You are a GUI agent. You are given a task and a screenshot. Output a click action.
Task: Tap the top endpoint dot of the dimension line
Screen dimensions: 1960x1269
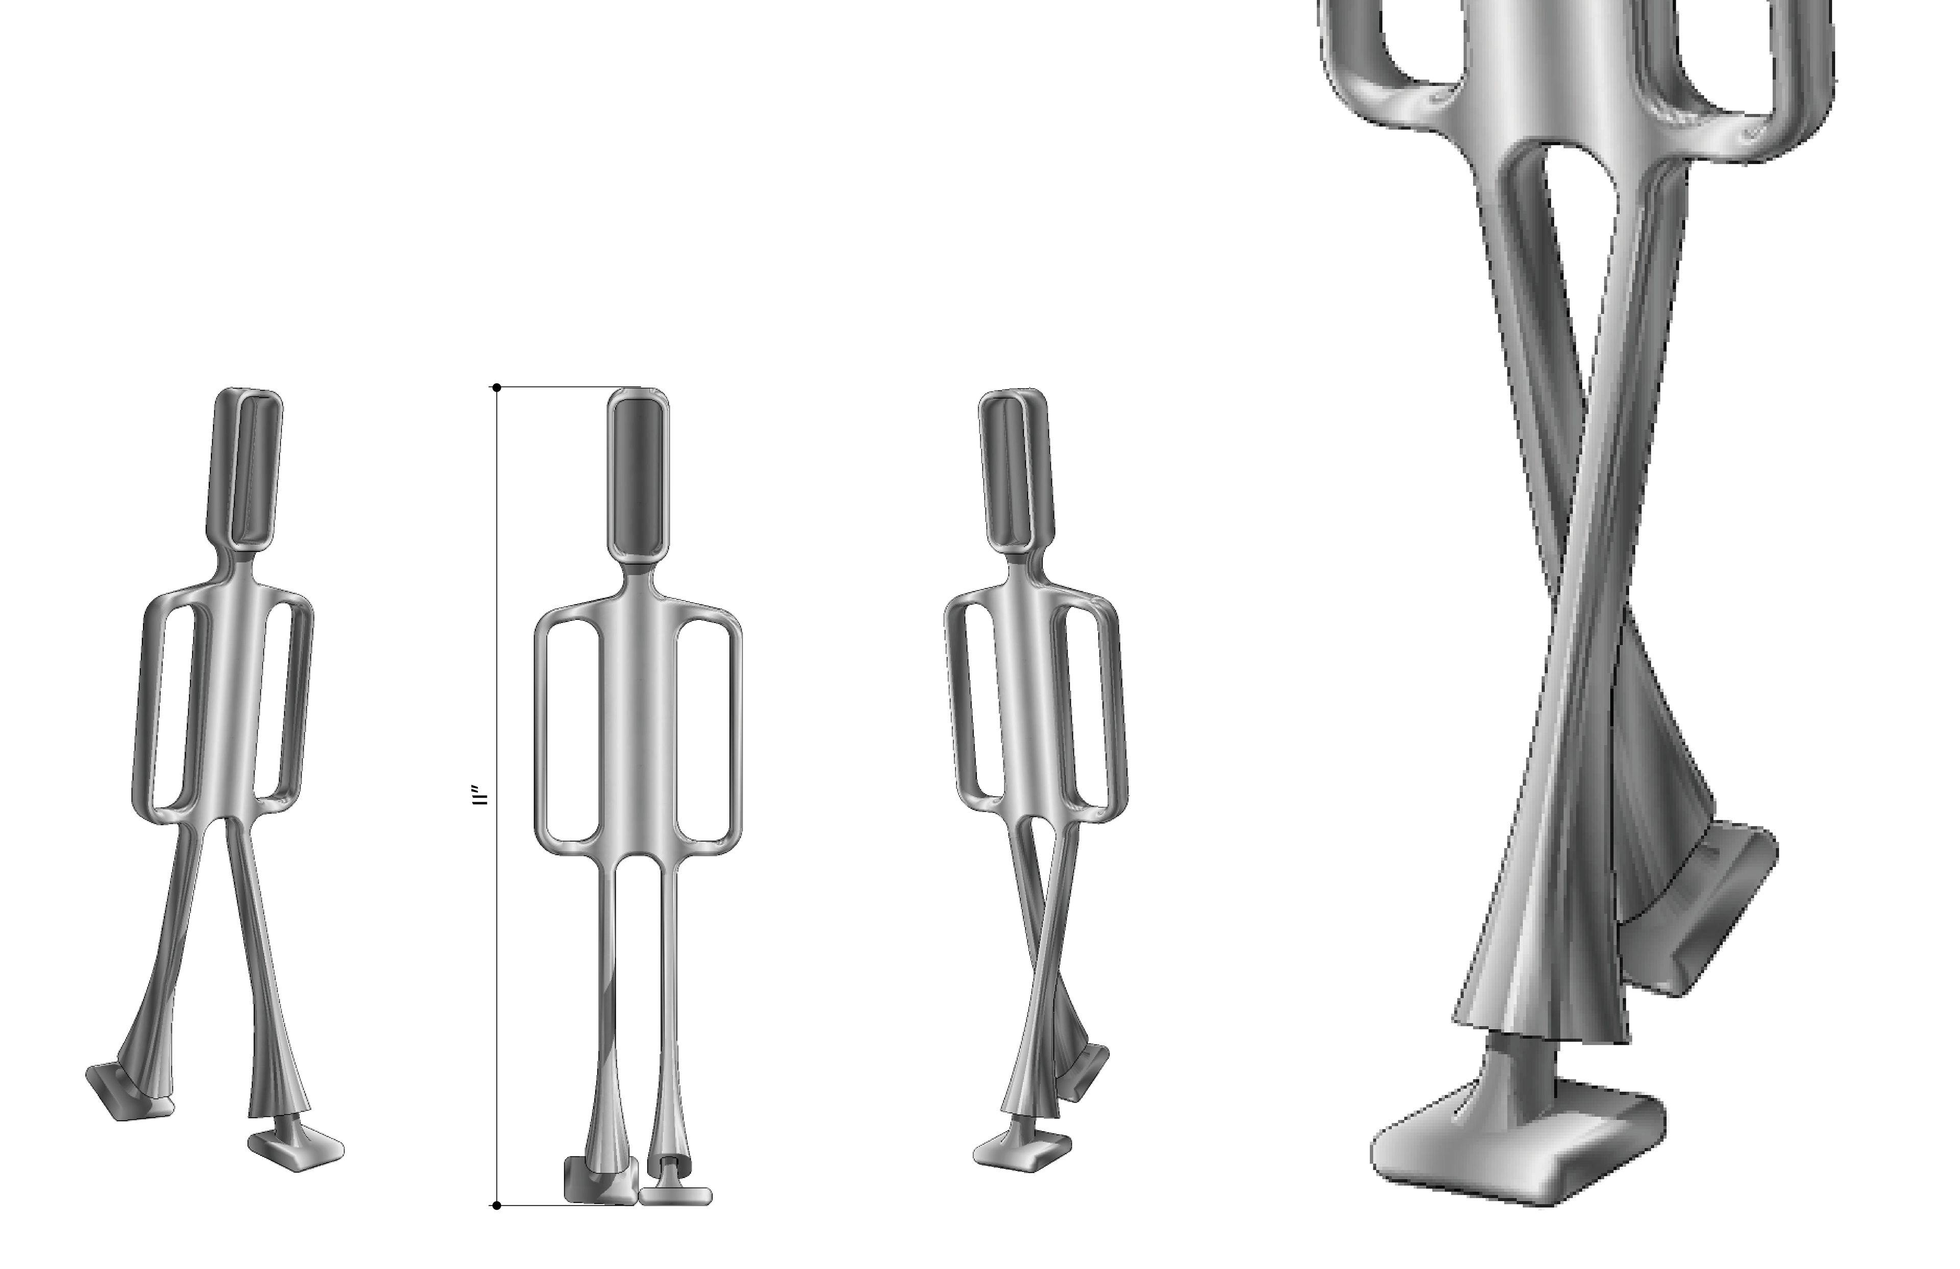(x=497, y=387)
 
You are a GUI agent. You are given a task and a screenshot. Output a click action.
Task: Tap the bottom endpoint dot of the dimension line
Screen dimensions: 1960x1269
(x=497, y=1206)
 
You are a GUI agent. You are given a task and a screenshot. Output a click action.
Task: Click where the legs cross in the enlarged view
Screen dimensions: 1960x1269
(x=1585, y=577)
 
